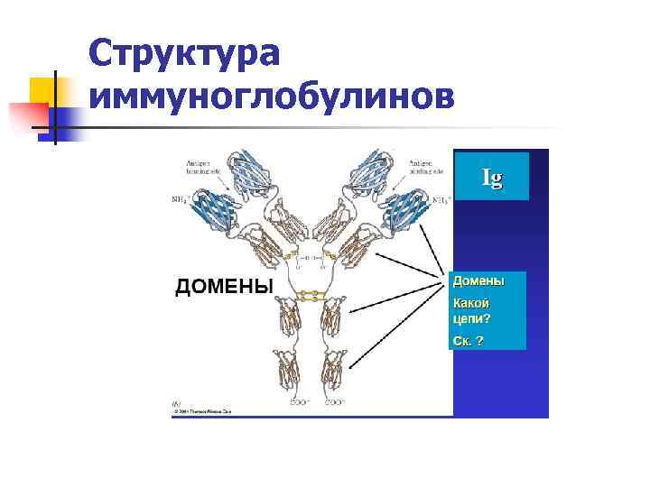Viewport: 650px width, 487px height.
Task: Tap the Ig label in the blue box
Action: (x=492, y=177)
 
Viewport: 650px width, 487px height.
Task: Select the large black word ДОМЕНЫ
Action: (x=223, y=287)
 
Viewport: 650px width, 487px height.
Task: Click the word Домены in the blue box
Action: (x=478, y=281)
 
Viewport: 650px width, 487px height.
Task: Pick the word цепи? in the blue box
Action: (x=471, y=318)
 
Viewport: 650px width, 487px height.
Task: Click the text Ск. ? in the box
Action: (x=468, y=341)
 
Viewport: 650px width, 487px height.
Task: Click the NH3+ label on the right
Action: (x=441, y=199)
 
